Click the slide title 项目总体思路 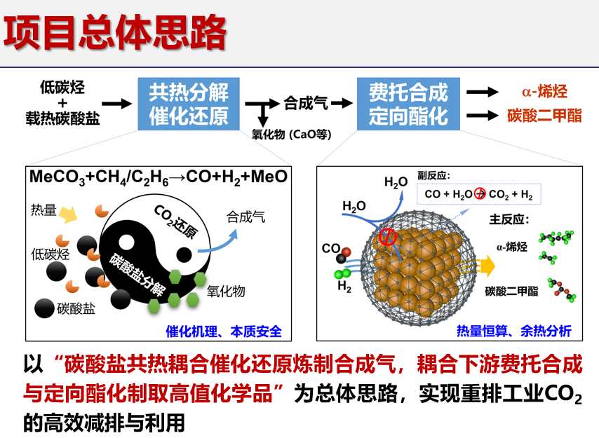116,33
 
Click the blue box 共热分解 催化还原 189,103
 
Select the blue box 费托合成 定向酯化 408,103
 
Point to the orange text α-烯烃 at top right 544,92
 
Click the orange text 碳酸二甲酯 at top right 544,116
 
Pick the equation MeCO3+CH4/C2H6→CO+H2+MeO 159,177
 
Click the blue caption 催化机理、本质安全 228,330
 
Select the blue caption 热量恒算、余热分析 514,330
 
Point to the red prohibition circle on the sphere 387,238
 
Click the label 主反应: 509,219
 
